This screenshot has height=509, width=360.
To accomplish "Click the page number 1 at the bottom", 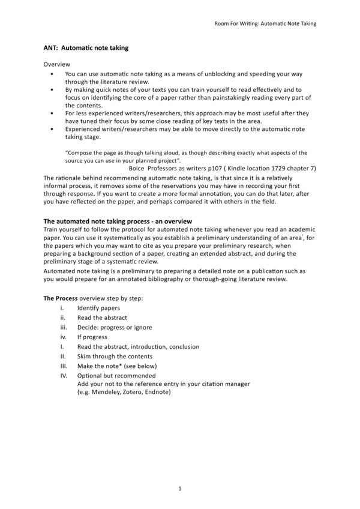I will click(x=180, y=489).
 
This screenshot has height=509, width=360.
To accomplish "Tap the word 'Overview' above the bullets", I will click(x=56, y=64).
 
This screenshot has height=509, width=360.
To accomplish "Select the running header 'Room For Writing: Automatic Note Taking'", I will click(x=265, y=23).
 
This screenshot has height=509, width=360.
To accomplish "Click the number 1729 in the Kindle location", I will click(x=275, y=169).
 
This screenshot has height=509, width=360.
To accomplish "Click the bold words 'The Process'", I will click(x=60, y=298).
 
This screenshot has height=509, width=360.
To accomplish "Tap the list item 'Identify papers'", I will click(x=98, y=308).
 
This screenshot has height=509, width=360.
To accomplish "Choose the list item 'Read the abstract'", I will click(x=102, y=318).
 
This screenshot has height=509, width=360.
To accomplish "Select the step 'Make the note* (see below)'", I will click(x=117, y=366).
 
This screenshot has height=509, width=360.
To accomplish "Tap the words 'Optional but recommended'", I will click(x=116, y=376).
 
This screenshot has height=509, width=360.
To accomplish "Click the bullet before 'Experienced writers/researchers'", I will click(x=53, y=129).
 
